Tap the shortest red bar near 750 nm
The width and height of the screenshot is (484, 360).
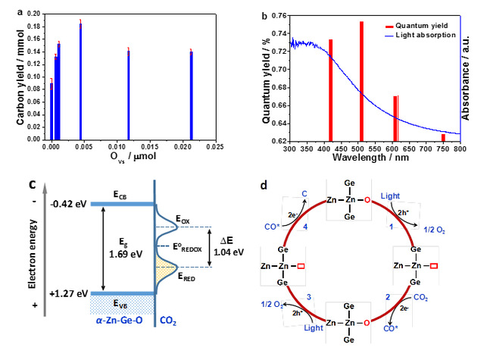click(443, 137)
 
